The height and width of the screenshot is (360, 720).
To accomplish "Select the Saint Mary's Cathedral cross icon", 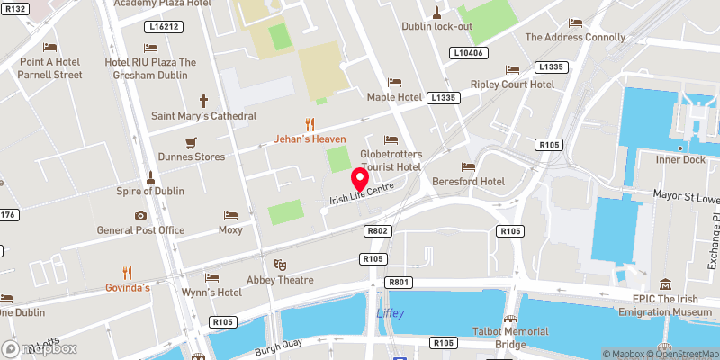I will (203, 102).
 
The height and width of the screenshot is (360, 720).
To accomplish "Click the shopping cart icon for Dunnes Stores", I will (191, 142).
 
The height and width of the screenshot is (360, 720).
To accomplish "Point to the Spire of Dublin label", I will (150, 191).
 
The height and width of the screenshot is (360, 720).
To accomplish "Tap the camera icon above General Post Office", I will (140, 215).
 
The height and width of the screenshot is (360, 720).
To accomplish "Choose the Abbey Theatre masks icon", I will (281, 265).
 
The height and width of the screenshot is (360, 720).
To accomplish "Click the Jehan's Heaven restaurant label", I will (310, 139).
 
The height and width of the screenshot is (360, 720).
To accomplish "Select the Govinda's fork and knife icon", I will (127, 272).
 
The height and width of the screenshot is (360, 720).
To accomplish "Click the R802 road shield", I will (377, 231).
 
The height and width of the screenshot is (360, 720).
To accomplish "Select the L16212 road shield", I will (163, 27).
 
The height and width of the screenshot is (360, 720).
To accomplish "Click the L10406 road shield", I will (468, 54).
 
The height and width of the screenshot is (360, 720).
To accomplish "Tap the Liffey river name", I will (390, 312).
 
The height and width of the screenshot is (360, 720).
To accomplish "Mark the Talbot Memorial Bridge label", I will (510, 337).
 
